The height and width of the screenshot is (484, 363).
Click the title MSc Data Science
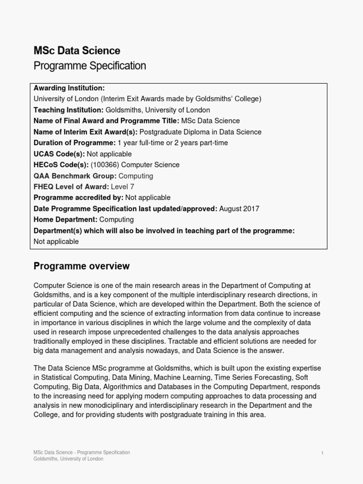[77, 50]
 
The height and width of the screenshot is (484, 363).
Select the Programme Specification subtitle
[89, 66]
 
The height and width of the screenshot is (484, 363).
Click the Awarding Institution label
[69, 88]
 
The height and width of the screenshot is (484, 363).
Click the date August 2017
[239, 208]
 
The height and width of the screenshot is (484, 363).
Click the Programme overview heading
[81, 266]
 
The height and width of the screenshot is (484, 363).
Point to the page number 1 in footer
[322, 453]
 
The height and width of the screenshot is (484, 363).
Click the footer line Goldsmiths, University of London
[68, 459]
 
